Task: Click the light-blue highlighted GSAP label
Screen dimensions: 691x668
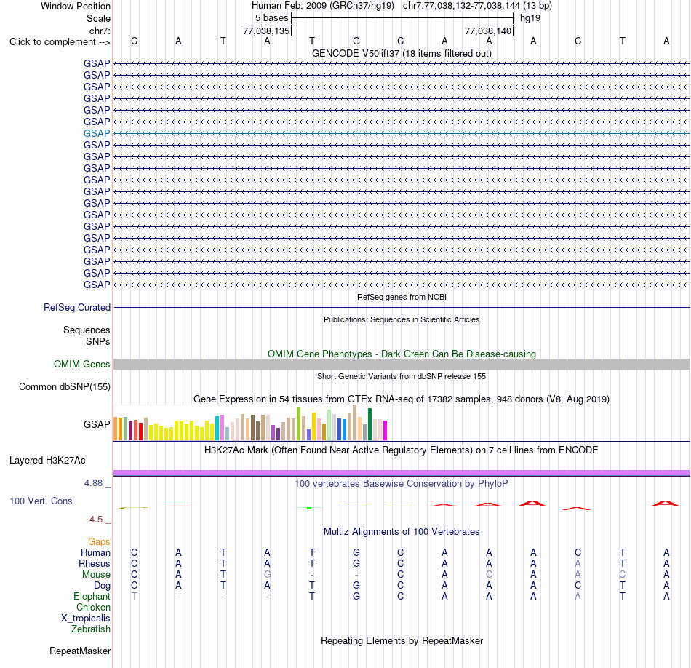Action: coord(97,133)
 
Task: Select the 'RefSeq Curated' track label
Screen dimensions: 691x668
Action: coord(77,307)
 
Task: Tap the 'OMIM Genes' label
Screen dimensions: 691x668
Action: coord(82,364)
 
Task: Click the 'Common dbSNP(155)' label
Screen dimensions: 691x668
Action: coord(65,386)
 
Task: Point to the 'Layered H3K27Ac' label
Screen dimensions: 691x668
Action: coord(47,461)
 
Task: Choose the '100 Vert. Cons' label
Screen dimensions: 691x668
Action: coord(41,501)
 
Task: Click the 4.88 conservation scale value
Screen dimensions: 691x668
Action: coord(93,483)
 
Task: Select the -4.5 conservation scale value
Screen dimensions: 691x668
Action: coord(95,520)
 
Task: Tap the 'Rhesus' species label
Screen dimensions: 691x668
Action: coord(95,563)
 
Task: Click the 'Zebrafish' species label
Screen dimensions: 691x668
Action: coord(91,629)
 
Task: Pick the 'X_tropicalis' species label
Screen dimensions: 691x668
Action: coord(86,619)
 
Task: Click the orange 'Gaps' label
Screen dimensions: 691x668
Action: coord(99,541)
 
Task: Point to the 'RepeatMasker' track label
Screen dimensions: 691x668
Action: coord(80,651)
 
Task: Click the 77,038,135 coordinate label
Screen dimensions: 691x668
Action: coord(266,31)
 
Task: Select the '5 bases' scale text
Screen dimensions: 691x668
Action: coord(271,18)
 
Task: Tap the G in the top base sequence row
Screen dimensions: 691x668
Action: coord(356,41)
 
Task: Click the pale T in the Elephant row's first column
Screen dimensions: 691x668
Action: coord(135,596)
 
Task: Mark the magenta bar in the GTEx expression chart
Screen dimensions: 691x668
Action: coord(386,430)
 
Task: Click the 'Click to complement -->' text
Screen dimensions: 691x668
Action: coord(60,42)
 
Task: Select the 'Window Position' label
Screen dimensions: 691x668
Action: coord(76,6)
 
